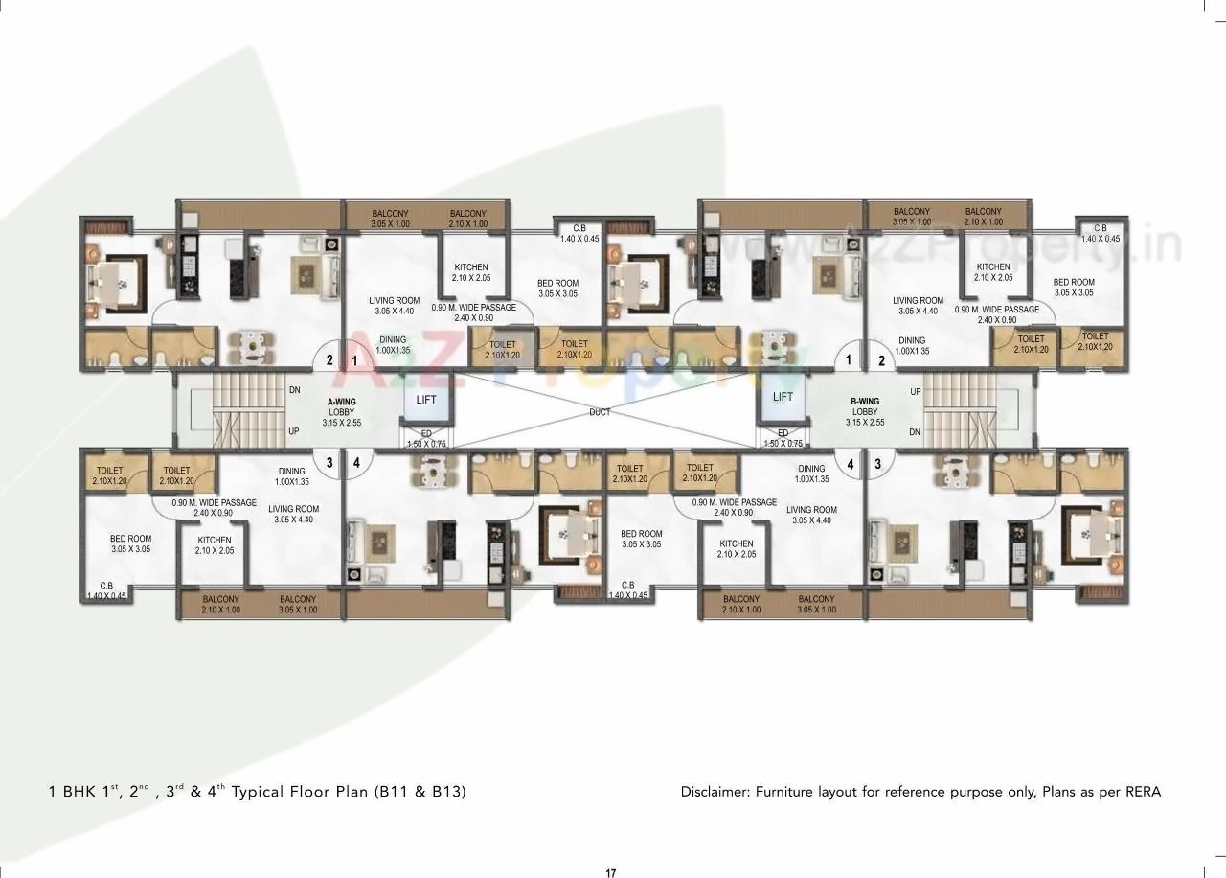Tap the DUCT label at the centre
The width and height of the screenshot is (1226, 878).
[x=601, y=411]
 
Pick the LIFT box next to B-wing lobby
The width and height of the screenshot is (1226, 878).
[x=783, y=397]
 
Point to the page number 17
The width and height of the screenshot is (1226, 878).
[x=611, y=872]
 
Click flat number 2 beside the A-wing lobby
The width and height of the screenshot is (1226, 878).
[x=329, y=361]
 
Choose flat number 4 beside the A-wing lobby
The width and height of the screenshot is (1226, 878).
[x=356, y=462]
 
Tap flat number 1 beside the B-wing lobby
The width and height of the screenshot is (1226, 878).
[x=848, y=361]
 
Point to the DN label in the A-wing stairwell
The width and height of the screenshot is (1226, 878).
[x=295, y=390]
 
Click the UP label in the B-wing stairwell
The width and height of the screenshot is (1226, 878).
[x=916, y=392]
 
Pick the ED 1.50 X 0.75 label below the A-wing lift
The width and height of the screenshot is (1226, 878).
[x=426, y=438]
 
